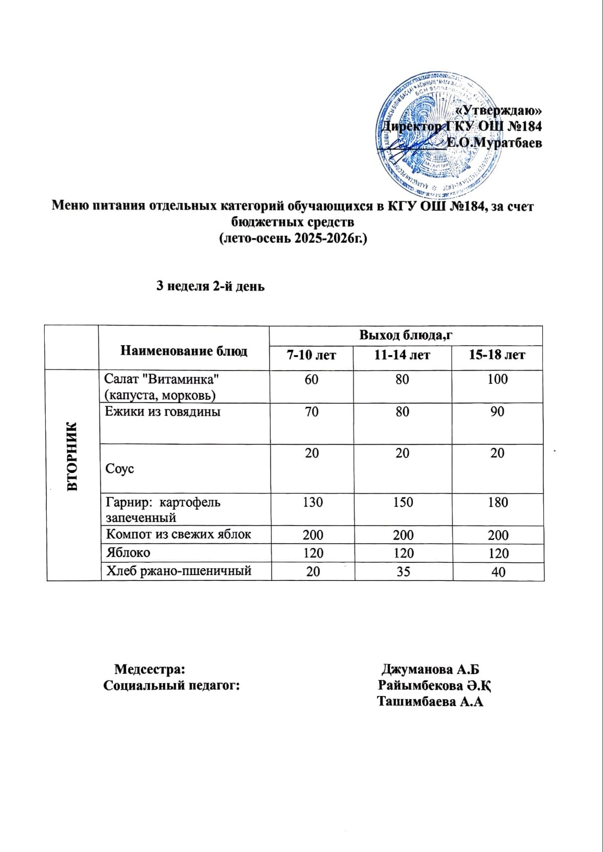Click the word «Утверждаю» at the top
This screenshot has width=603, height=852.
point(499,110)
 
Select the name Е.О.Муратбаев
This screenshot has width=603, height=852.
point(493,143)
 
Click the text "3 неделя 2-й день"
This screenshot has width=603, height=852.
point(210,286)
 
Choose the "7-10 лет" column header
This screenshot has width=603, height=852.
point(311,355)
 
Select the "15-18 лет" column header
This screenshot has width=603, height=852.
point(497,355)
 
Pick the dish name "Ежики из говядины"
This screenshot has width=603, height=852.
point(163,411)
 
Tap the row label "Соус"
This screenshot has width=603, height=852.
point(120,469)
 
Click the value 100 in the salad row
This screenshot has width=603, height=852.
point(497,379)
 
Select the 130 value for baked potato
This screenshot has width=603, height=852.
point(312,502)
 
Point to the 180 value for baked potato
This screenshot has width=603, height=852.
point(498,502)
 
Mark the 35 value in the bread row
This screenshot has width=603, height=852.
point(402,571)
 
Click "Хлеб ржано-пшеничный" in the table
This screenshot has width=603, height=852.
point(179,571)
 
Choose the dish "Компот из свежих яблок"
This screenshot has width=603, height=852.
point(179,534)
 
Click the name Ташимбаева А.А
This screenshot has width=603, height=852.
point(430,701)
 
